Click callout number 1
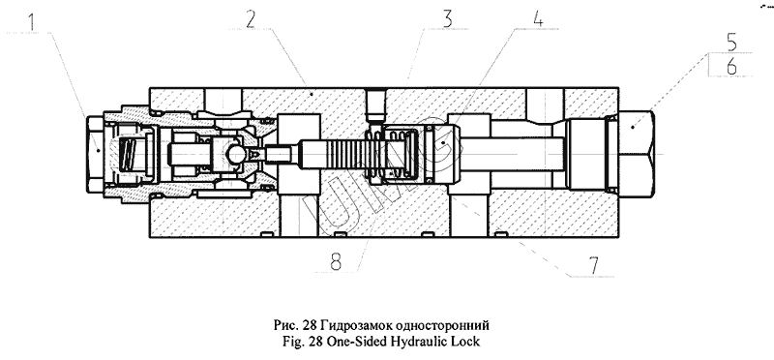coord(31,22)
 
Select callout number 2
coord(252,20)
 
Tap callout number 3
coord(447,18)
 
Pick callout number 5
coord(730,42)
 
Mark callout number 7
coord(594,266)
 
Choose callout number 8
coord(336,261)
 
